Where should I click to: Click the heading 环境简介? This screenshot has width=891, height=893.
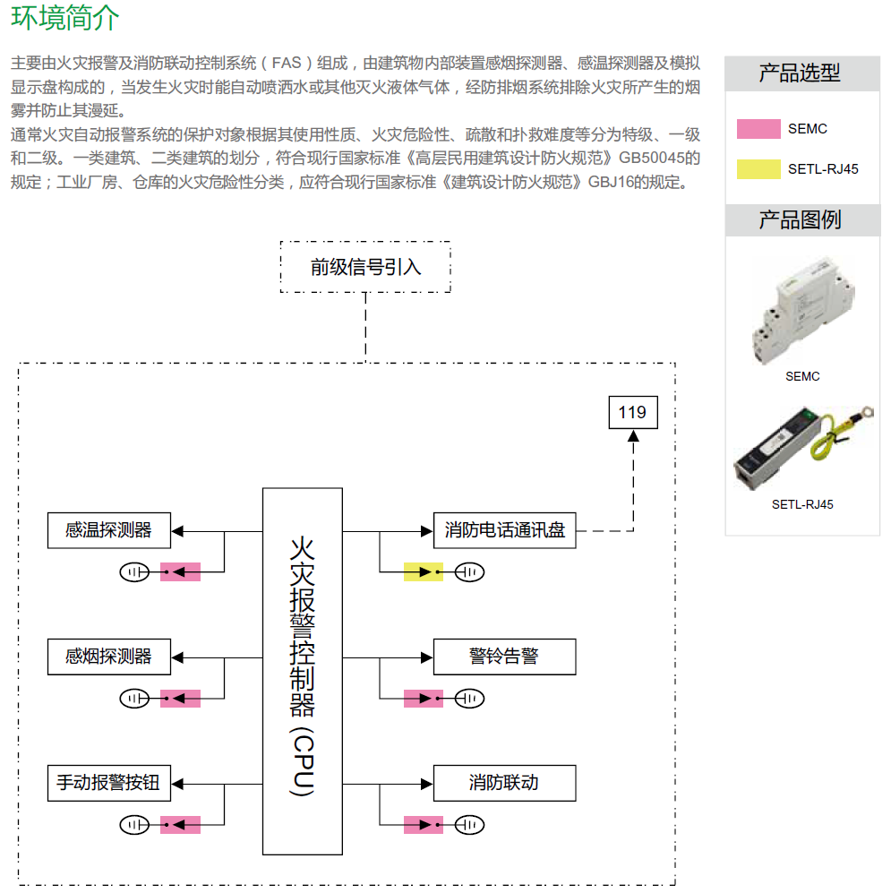click(65, 19)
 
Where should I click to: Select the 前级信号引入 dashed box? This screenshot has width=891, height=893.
click(365, 267)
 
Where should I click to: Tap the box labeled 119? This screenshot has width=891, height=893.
click(632, 412)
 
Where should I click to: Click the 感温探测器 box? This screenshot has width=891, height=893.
click(108, 530)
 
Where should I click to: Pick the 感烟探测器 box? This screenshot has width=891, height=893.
click(108, 657)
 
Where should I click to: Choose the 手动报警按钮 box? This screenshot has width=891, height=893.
click(108, 783)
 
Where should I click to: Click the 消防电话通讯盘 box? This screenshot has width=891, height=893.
click(504, 530)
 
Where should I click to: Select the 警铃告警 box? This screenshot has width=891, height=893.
click(504, 657)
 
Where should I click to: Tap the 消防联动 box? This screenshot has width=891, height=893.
click(504, 783)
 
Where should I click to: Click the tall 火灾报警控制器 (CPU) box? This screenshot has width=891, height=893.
click(303, 671)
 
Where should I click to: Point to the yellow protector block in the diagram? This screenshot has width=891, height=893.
click(423, 571)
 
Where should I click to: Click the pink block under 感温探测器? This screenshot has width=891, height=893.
click(180, 571)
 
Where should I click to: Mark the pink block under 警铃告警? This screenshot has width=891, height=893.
click(423, 698)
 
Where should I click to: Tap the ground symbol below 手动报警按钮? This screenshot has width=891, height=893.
click(135, 824)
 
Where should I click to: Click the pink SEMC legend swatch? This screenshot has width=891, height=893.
click(758, 129)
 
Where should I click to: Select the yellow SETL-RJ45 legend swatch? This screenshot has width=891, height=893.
click(758, 168)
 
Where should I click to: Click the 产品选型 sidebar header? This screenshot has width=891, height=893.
click(801, 73)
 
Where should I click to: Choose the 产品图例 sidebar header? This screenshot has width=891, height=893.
click(801, 219)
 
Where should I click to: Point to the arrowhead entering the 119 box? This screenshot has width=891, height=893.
click(634, 435)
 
